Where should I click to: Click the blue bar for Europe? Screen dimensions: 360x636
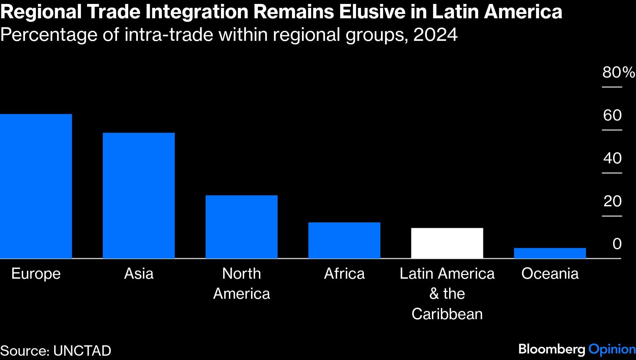pyautogui.click(x=36, y=186)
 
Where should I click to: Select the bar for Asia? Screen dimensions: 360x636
pyautogui.click(x=139, y=196)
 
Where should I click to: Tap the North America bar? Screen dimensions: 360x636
pyautogui.click(x=241, y=227)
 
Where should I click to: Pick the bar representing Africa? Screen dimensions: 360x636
pyautogui.click(x=344, y=240)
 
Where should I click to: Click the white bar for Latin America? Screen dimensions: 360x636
pyautogui.click(x=447, y=243)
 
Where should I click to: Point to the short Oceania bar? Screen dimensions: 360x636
pyautogui.click(x=550, y=253)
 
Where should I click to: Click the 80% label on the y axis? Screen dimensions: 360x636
pyautogui.click(x=618, y=72)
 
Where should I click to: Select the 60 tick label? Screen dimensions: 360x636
pyautogui.click(x=612, y=115)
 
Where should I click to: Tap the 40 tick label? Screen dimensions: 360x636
pyautogui.click(x=612, y=158)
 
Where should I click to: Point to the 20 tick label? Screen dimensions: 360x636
pyautogui.click(x=612, y=201)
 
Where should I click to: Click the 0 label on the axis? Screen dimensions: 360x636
pyautogui.click(x=617, y=244)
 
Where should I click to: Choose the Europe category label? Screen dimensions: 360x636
pyautogui.click(x=36, y=274)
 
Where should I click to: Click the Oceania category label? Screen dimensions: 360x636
pyautogui.click(x=550, y=274)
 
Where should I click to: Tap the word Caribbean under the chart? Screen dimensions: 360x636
pyautogui.click(x=447, y=314)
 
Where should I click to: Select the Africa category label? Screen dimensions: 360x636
pyautogui.click(x=344, y=274)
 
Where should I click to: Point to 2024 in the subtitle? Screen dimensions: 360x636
pyautogui.click(x=435, y=35)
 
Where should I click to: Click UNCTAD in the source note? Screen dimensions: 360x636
pyautogui.click(x=82, y=351)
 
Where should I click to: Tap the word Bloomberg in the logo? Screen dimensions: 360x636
pyautogui.click(x=552, y=349)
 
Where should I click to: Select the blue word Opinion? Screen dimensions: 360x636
pyautogui.click(x=612, y=349)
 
